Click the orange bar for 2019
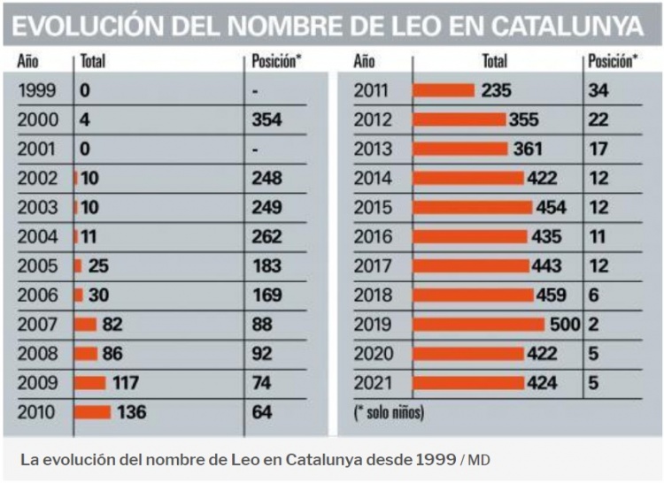(x=478, y=325)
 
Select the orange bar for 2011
(x=444, y=90)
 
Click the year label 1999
(x=37, y=90)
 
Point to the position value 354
(x=266, y=119)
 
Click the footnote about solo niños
(x=389, y=412)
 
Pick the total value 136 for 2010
(x=131, y=412)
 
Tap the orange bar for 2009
(x=90, y=383)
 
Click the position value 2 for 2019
(x=593, y=325)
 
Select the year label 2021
(x=374, y=383)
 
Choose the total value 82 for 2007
(x=112, y=325)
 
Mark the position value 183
(x=266, y=266)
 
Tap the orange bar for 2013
(x=460, y=149)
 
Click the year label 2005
(x=37, y=266)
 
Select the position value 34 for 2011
(x=598, y=90)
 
